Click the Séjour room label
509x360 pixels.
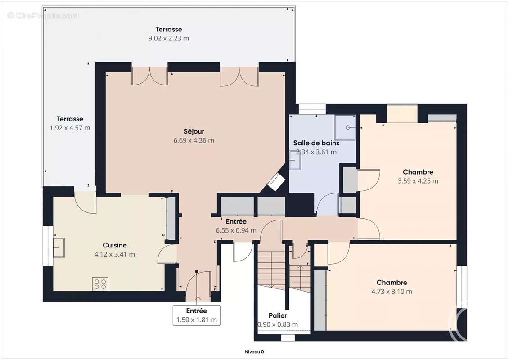[194, 131]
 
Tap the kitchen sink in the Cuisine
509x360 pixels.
[59, 247]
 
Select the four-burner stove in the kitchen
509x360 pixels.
[100, 284]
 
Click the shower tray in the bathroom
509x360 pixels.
[345, 126]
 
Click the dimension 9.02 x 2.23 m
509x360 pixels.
[169, 38]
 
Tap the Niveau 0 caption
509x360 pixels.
[254, 352]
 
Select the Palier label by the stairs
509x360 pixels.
[278, 315]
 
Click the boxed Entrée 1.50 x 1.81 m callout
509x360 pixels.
[197, 315]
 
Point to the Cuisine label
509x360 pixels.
[115, 245]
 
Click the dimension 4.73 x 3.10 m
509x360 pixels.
[392, 291]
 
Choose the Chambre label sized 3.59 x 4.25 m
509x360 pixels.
[418, 172]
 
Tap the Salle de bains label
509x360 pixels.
[316, 143]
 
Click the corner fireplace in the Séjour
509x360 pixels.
[276, 182]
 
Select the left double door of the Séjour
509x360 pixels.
[149, 76]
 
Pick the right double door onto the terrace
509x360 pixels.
[239, 76]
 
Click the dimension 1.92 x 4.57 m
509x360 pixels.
[70, 128]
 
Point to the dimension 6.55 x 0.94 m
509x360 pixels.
[236, 230]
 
